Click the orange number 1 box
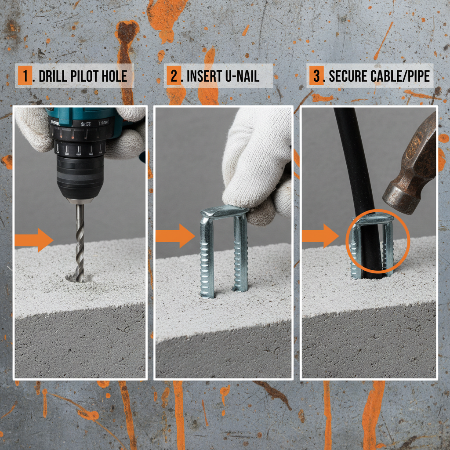coord(25,76)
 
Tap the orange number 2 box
coord(174,76)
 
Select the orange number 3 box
coord(316,76)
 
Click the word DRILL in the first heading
coord(54,76)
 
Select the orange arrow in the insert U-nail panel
coord(175,236)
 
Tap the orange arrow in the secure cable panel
coord(320,236)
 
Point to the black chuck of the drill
coord(80,176)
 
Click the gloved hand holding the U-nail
coord(257,163)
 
